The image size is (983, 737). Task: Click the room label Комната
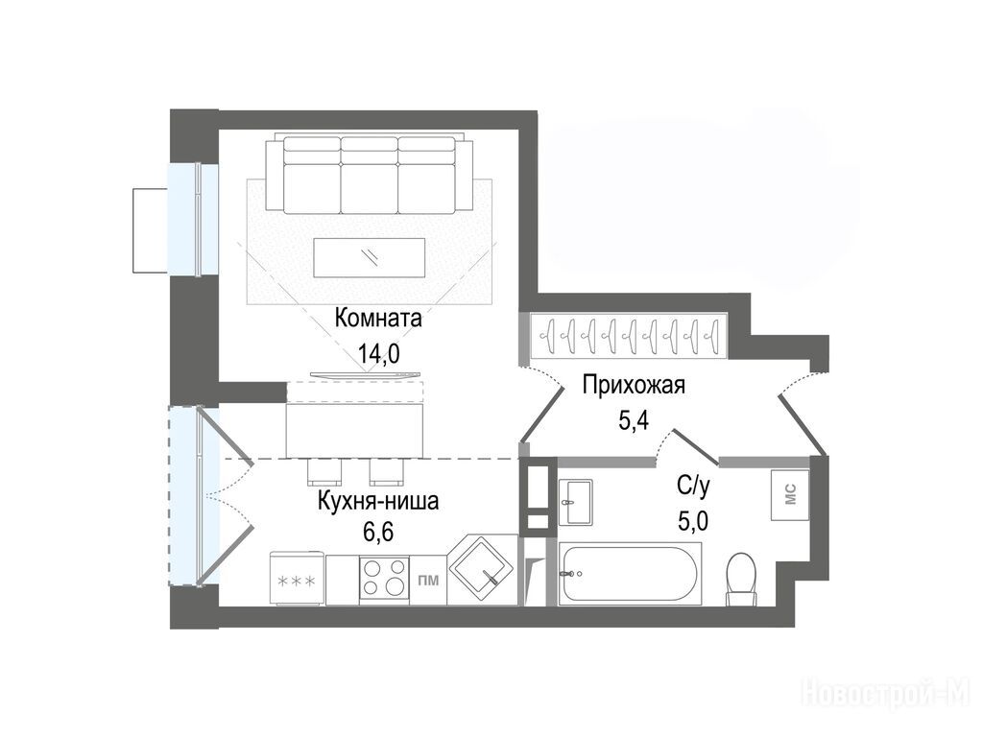tap(378, 319)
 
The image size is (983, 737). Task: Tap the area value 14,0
tap(378, 354)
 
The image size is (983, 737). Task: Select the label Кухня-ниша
tap(378, 501)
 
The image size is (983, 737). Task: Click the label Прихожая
tap(634, 385)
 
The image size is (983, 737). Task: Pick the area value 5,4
tap(634, 420)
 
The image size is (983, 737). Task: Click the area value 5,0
tap(693, 520)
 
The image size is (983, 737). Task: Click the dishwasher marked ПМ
tap(428, 581)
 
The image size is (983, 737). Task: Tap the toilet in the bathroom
tap(742, 579)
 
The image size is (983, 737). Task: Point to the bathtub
tap(630, 574)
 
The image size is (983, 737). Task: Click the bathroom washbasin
tap(576, 503)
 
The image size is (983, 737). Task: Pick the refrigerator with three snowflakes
tap(297, 579)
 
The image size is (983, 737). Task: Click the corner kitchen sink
tap(483, 570)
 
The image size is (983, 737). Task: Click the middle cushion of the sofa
tap(370, 181)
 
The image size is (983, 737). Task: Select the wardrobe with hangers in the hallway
tap(628, 337)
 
